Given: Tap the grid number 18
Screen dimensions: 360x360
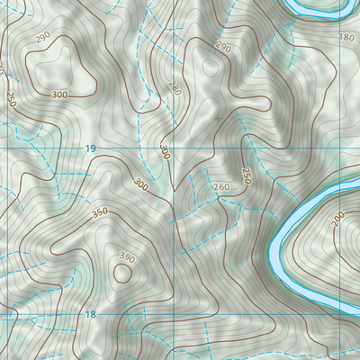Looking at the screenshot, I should click(90, 314).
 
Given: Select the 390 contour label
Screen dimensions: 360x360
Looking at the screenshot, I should click(127, 258).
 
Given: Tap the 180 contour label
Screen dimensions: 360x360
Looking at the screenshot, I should click(348, 38).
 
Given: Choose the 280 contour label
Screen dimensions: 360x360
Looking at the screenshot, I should click(174, 88).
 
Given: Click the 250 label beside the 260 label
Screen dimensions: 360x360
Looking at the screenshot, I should click(246, 175).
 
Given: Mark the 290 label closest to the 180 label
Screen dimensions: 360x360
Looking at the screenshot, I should click(224, 48).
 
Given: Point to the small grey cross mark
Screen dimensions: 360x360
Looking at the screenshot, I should click(218, 118).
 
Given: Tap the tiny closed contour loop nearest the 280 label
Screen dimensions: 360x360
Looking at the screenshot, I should click(212, 66).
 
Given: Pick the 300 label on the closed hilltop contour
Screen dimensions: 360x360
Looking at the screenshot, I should click(59, 94).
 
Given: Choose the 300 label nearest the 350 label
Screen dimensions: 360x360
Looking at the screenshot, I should click(139, 184).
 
